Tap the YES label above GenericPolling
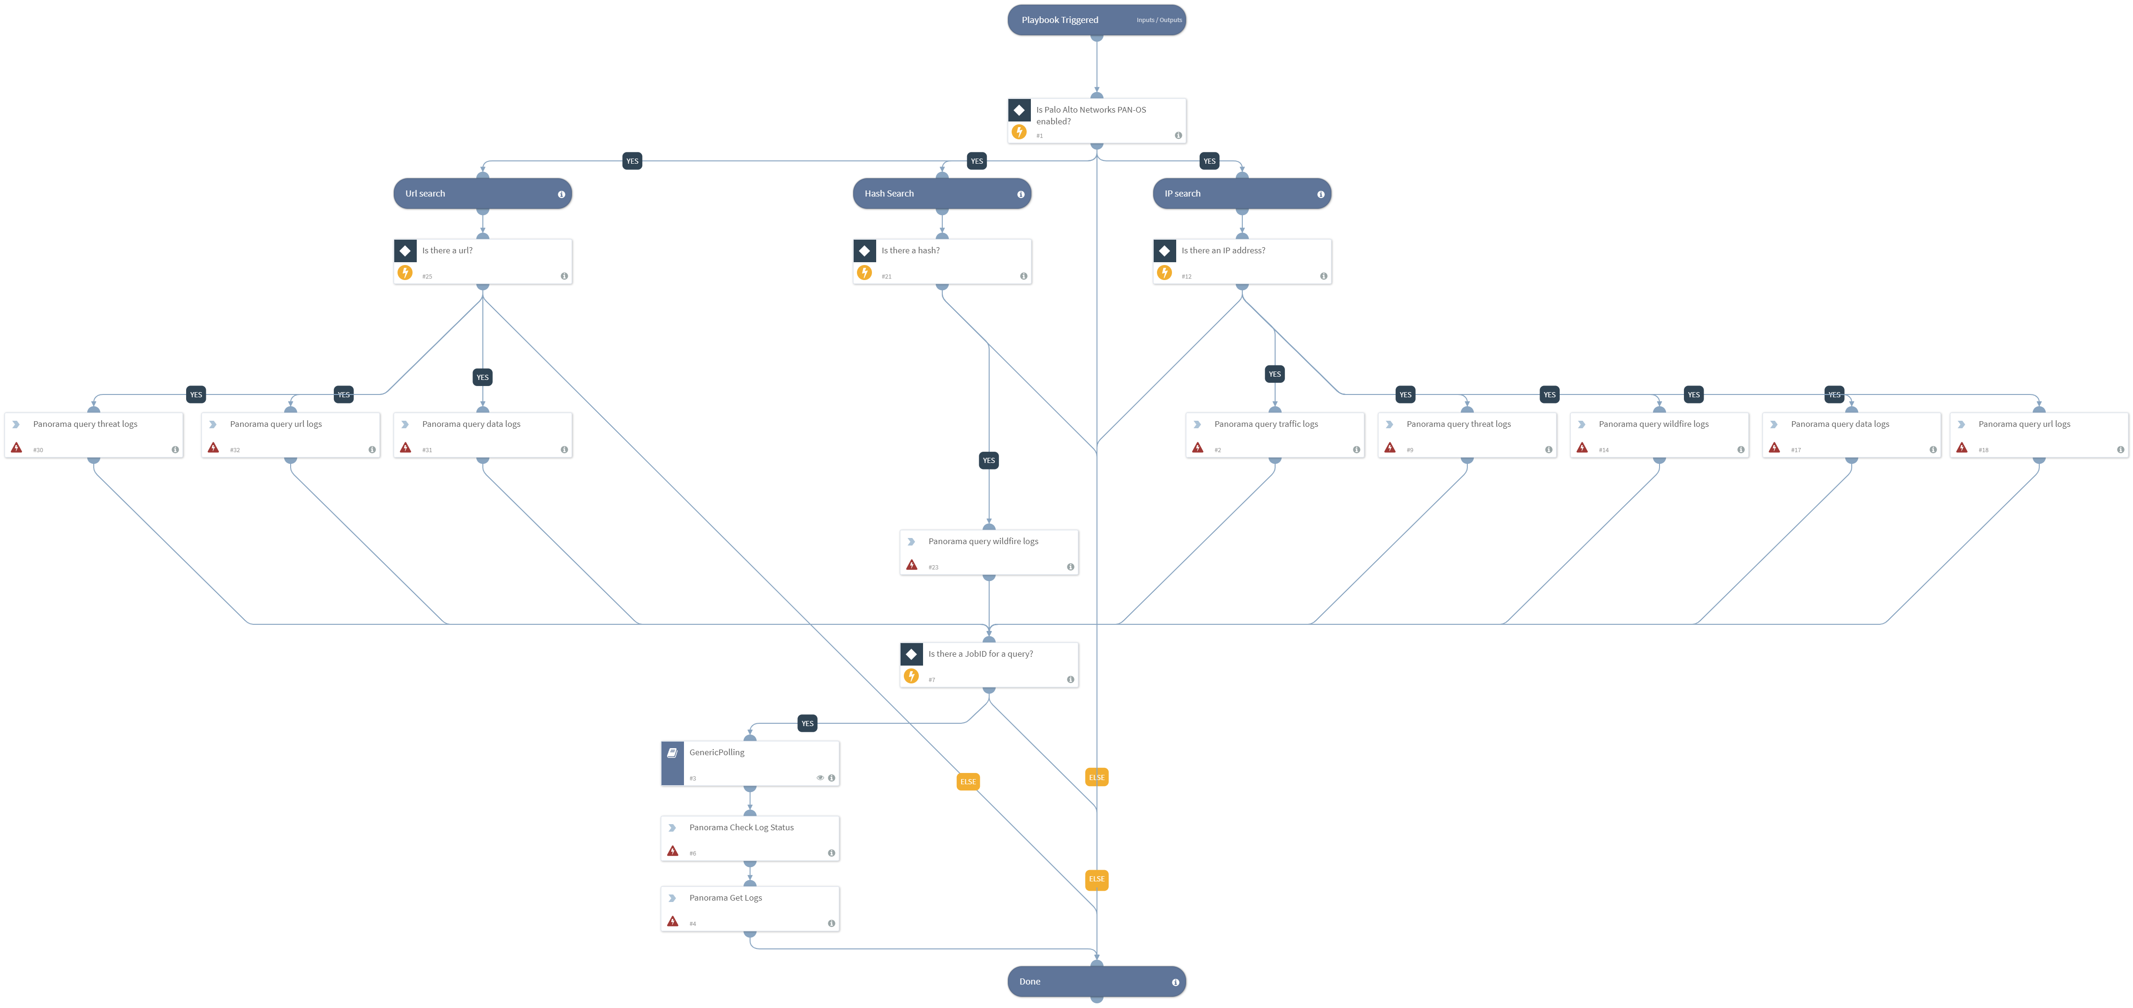click(807, 724)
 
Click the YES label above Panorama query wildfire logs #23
click(989, 461)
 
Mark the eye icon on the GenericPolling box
click(820, 778)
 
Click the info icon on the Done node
click(1175, 982)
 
